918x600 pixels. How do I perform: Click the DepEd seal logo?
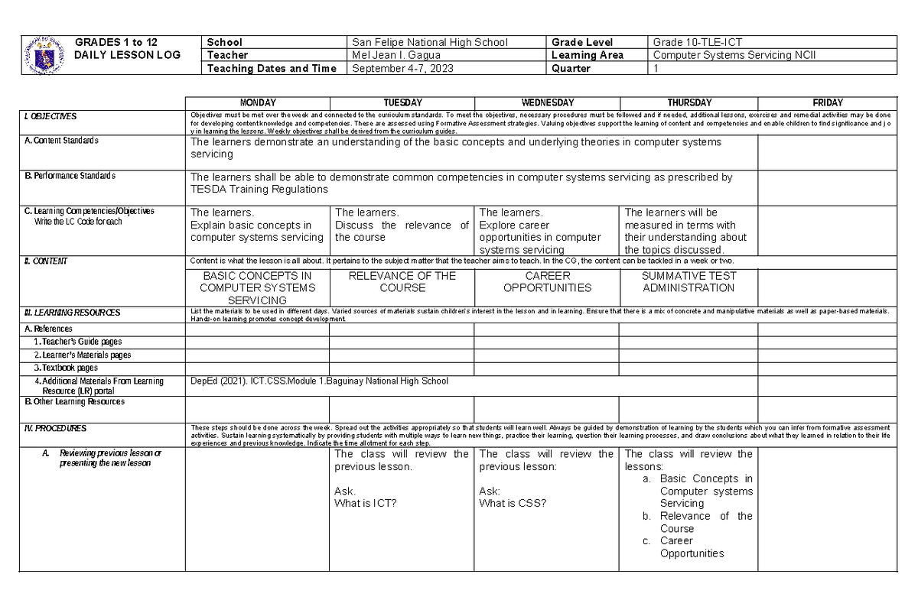click(x=44, y=55)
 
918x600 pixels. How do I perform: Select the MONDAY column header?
click(x=258, y=102)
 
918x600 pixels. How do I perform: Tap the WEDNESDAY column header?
click(x=546, y=102)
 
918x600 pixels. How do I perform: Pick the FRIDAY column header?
click(x=827, y=102)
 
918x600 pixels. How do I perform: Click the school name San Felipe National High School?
click(x=429, y=42)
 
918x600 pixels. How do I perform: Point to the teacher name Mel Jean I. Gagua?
click(x=396, y=55)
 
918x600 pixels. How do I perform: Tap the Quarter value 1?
click(x=656, y=68)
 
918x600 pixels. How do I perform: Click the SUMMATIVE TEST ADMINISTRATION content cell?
click(x=688, y=282)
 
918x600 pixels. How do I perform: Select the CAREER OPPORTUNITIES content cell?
click(x=546, y=282)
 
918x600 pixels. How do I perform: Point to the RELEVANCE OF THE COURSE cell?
click(x=402, y=282)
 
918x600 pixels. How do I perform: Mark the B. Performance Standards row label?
click(x=70, y=176)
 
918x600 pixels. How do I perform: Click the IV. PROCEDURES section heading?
click(x=55, y=429)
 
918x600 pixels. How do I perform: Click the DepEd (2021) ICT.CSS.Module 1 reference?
click(x=319, y=381)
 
